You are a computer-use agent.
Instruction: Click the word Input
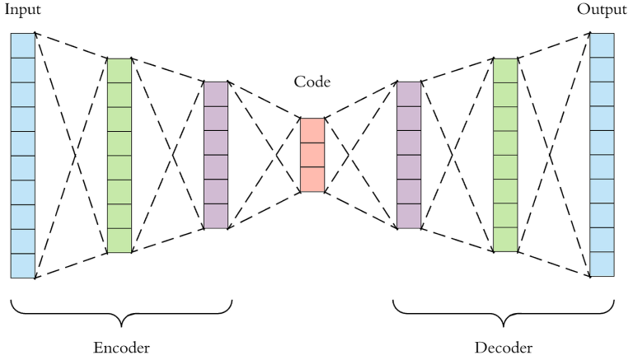click(22, 11)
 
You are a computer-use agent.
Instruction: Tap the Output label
click(602, 11)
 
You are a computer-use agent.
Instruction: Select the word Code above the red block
click(312, 82)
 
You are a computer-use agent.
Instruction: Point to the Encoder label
click(121, 346)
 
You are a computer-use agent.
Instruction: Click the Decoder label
click(504, 346)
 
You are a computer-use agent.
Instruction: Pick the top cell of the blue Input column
click(22, 45)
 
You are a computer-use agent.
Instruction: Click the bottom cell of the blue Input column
click(22, 266)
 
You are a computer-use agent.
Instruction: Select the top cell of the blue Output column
click(602, 45)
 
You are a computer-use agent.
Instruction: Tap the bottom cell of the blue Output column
click(602, 264)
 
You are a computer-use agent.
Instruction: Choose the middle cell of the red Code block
click(312, 155)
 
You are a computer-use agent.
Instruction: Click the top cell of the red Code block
click(312, 130)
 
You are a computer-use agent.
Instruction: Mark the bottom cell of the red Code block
click(312, 180)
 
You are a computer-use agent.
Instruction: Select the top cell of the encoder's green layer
click(120, 70)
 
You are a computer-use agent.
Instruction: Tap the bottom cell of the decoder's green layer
click(505, 240)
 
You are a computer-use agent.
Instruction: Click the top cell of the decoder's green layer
click(505, 70)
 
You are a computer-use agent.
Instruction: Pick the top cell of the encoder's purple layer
click(215, 93)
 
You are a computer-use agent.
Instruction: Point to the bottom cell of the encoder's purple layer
click(215, 217)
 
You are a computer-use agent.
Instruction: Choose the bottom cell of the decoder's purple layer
click(409, 217)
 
